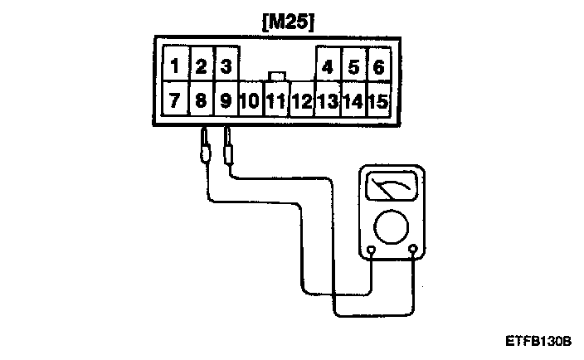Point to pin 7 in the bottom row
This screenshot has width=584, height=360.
(x=175, y=101)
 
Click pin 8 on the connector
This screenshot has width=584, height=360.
(x=201, y=101)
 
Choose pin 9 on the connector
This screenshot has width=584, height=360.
(x=226, y=101)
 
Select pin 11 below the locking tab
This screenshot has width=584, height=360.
(x=276, y=102)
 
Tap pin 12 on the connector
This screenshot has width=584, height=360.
(x=302, y=102)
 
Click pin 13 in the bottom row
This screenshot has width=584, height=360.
(x=328, y=102)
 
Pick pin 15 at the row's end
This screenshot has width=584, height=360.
(x=378, y=102)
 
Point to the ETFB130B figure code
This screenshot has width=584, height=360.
(x=538, y=341)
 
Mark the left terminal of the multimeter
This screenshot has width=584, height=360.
(x=372, y=250)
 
